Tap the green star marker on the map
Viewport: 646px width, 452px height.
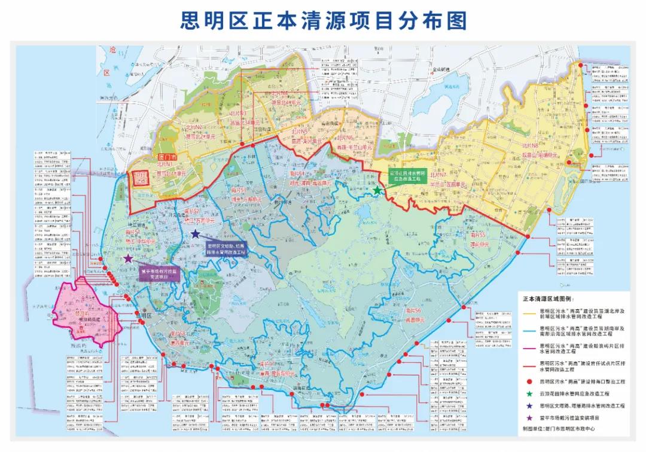click(377, 190)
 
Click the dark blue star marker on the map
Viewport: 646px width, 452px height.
click(195, 234)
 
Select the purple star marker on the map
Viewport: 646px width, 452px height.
click(128, 259)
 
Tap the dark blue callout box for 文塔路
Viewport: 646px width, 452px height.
click(226, 249)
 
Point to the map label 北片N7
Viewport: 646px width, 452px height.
click(438, 175)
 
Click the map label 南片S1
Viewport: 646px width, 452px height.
click(132, 231)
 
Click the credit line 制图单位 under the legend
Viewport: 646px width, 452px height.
click(559, 429)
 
